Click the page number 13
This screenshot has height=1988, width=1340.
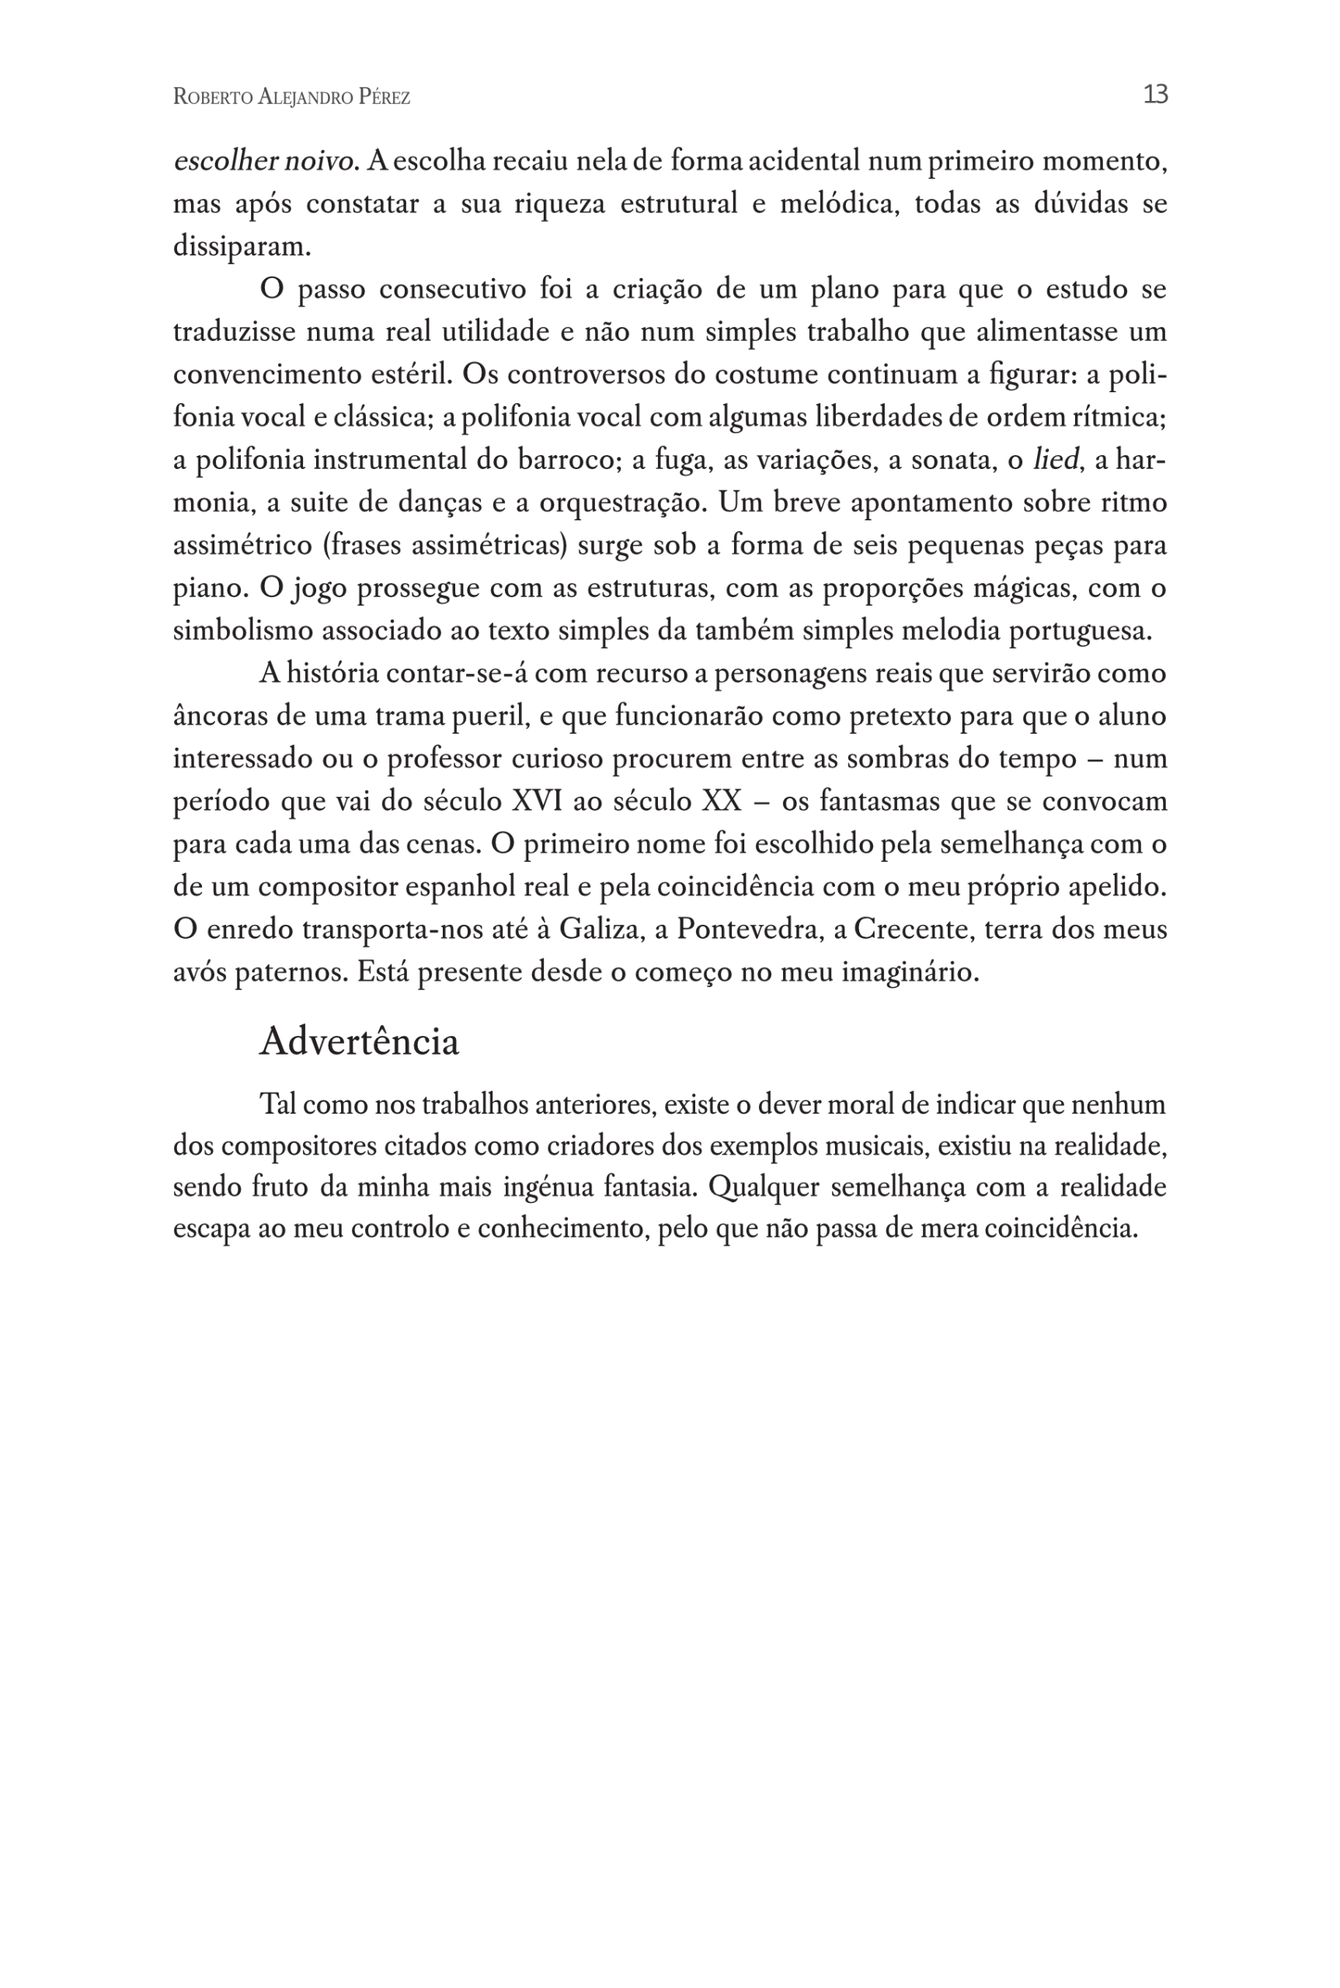tap(1154, 94)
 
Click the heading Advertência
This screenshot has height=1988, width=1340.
tap(359, 1041)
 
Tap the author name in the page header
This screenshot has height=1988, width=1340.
tap(291, 97)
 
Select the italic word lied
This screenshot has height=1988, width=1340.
tap(1056, 461)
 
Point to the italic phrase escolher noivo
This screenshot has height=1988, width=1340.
tap(265, 162)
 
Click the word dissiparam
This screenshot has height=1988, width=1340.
tap(242, 247)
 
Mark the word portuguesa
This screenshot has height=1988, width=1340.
tap(1081, 631)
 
